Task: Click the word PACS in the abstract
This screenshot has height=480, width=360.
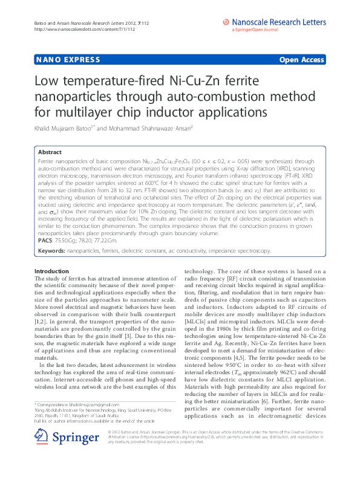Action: pyautogui.click(x=45, y=240)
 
